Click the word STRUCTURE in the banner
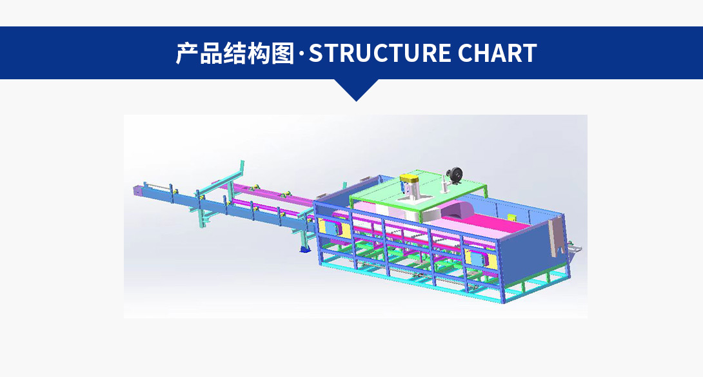[x=379, y=53]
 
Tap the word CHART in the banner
[x=497, y=53]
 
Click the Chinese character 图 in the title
[x=282, y=53]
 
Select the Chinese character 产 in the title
[x=187, y=53]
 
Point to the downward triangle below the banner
[x=357, y=89]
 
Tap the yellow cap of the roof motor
[x=410, y=179]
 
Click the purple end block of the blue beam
[x=137, y=190]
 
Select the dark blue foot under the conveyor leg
[x=304, y=249]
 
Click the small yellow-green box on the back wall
[x=511, y=217]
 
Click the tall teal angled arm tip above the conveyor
[x=242, y=164]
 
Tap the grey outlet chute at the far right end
[x=575, y=247]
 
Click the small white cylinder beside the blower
[x=444, y=184]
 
